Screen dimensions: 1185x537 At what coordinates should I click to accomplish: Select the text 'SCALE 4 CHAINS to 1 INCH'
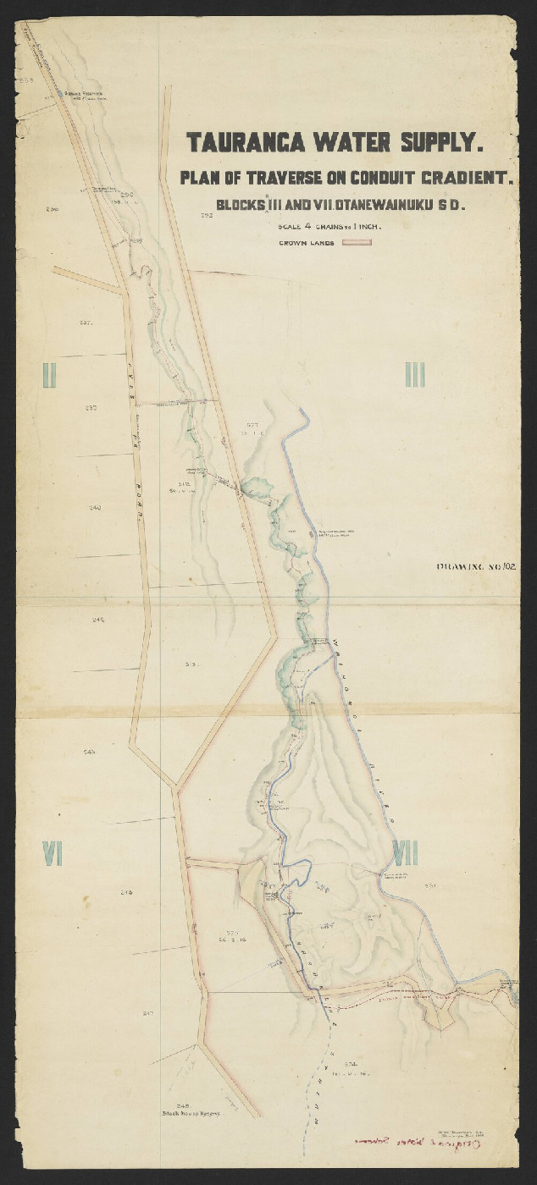click(x=329, y=226)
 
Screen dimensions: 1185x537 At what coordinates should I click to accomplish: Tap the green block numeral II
click(x=49, y=373)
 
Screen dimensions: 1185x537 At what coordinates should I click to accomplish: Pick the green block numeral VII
click(x=405, y=853)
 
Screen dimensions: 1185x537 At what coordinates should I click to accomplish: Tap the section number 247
click(x=148, y=1013)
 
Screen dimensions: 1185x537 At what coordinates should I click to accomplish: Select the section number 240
click(x=94, y=507)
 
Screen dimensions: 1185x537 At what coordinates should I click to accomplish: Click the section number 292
click(x=206, y=217)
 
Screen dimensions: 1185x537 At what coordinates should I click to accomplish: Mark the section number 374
click(x=352, y=1063)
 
